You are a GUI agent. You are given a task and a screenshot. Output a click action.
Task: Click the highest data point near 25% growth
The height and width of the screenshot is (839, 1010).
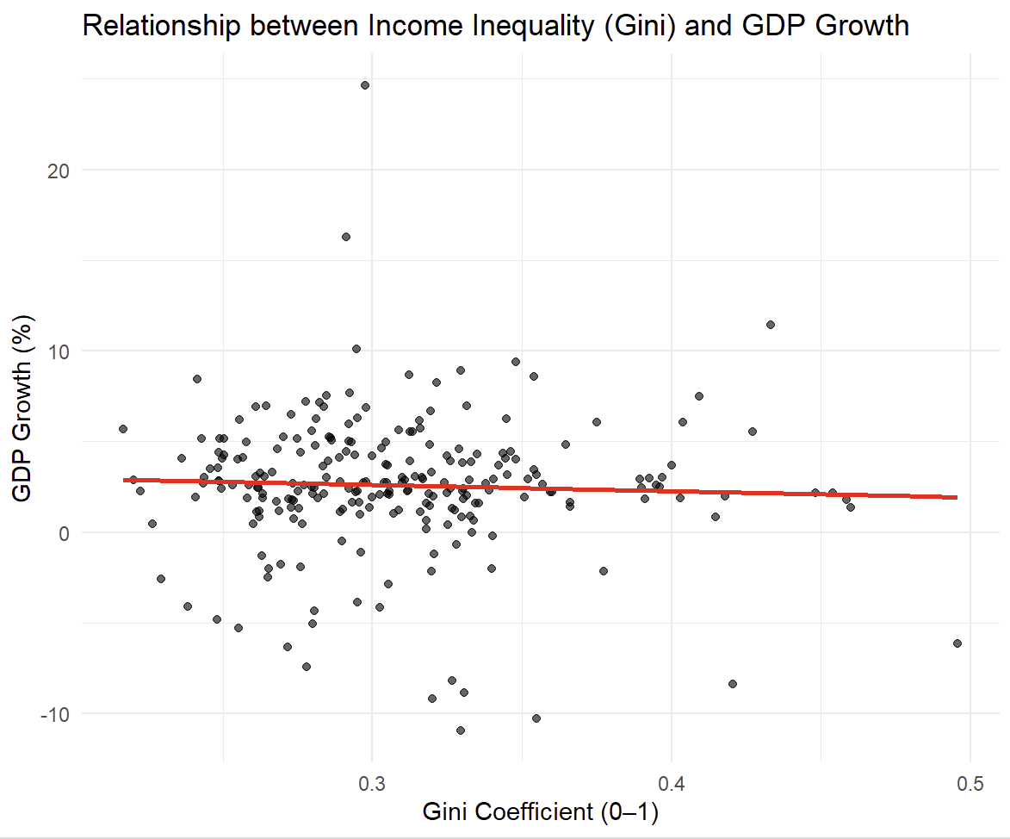tap(365, 85)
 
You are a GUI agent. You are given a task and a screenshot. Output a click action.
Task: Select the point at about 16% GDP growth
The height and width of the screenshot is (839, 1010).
tap(346, 237)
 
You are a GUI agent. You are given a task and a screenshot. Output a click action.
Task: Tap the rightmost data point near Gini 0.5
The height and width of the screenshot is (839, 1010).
tap(957, 643)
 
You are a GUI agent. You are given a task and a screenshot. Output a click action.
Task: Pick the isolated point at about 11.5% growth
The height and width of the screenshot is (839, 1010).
tap(771, 325)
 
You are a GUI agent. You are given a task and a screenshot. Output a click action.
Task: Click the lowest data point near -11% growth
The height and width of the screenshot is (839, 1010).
tap(461, 730)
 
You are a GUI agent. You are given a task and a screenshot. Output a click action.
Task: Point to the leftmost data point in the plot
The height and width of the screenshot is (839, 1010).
tap(123, 429)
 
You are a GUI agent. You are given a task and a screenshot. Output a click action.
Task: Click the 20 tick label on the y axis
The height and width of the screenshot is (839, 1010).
tap(57, 170)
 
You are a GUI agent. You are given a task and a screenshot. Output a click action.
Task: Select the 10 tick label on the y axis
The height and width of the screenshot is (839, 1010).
tap(57, 351)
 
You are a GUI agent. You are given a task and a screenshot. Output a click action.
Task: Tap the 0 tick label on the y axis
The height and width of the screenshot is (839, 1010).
tap(62, 532)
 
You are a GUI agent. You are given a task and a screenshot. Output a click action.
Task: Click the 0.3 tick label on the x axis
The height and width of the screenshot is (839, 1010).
tap(372, 785)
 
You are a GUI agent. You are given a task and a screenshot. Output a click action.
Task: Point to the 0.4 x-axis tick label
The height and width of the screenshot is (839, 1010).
tap(672, 785)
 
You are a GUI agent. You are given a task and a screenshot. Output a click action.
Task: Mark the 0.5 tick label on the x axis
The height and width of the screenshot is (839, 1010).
tap(970, 785)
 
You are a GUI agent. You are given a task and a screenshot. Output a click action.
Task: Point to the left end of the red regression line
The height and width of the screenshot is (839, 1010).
tap(125, 480)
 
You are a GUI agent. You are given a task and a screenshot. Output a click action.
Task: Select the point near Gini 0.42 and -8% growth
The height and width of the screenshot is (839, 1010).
tap(733, 684)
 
